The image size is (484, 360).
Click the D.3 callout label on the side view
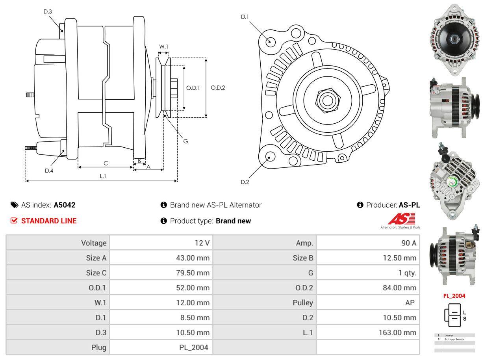point(48,11)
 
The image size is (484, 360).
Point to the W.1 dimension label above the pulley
point(163,46)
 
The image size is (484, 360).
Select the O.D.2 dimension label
point(218,87)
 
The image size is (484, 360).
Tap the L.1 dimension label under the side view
point(102,176)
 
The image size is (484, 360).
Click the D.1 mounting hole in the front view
point(270,41)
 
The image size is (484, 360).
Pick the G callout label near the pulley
point(185,141)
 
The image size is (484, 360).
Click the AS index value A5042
point(65,205)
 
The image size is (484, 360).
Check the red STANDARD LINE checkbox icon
point(14,221)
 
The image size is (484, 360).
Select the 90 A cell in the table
point(408,243)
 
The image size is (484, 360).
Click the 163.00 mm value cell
point(397,332)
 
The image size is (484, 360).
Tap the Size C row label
point(96,273)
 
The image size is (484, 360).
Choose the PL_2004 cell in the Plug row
point(193,347)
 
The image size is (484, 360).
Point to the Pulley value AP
point(410,302)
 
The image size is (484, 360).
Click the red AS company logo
point(401,219)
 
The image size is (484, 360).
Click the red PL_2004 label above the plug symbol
point(454,296)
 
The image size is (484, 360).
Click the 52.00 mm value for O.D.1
point(193,288)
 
